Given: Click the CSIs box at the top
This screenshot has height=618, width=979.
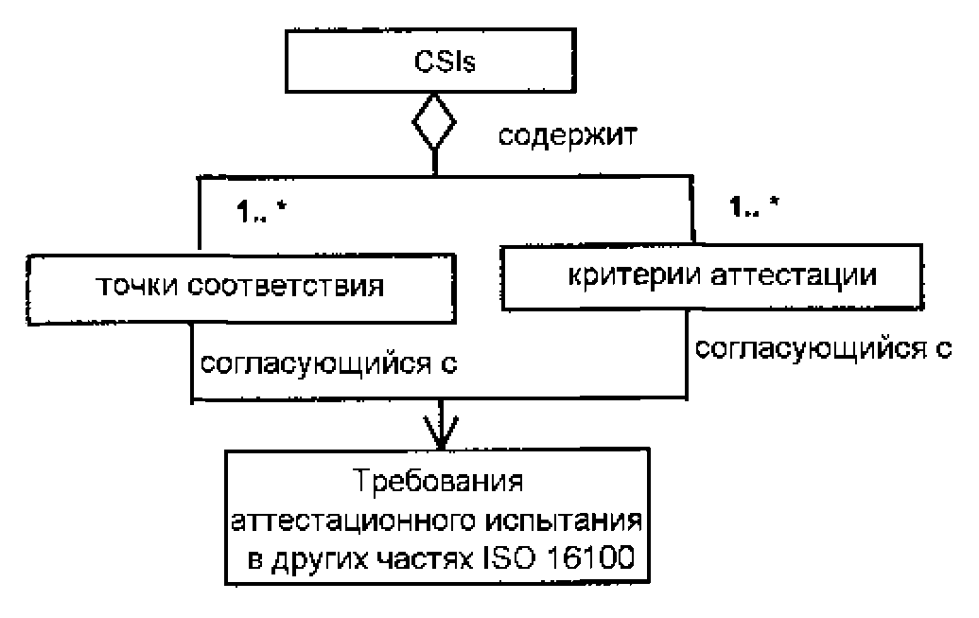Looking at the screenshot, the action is click(x=430, y=61).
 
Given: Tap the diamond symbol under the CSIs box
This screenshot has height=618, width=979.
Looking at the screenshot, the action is click(x=434, y=122).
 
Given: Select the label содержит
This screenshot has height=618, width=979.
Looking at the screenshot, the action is click(x=568, y=135).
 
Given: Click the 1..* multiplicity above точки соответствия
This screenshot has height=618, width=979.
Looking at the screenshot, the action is click(x=261, y=213).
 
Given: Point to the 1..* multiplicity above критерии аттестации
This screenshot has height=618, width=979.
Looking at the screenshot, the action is click(x=754, y=205).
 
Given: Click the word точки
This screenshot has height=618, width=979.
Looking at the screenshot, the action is click(x=137, y=286).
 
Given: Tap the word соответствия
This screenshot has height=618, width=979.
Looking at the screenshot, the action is click(x=286, y=286).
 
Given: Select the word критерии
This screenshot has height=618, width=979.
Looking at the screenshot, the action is click(x=635, y=275).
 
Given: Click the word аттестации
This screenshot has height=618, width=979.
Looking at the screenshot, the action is click(x=794, y=275).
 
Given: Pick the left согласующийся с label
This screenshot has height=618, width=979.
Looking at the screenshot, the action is click(x=328, y=364).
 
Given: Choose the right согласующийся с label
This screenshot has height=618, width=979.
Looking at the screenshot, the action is click(x=823, y=348).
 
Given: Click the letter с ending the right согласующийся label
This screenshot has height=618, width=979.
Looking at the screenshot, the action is click(x=943, y=350).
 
